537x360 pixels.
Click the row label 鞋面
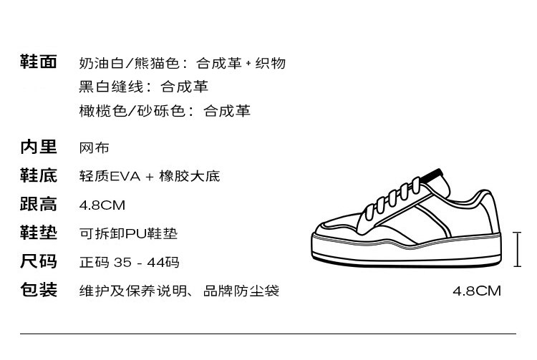[38, 62]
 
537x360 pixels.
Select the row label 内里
[38, 147]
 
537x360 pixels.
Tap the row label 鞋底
[38, 176]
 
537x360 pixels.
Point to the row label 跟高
[38, 205]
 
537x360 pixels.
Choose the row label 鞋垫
[38, 233]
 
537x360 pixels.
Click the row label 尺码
[38, 262]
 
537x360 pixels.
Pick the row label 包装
[38, 291]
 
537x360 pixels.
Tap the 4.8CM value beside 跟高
[102, 205]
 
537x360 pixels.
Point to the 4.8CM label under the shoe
[477, 291]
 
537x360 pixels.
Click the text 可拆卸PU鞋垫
[128, 234]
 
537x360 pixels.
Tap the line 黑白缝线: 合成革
[143, 87]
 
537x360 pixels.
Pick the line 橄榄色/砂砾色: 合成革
[165, 111]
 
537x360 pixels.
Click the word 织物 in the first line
[271, 63]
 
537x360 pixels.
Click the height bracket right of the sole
[518, 249]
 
